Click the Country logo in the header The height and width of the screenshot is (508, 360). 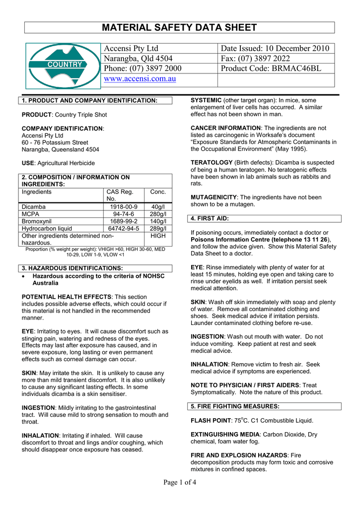point(62,65)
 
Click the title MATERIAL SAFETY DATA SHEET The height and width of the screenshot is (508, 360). point(180,27)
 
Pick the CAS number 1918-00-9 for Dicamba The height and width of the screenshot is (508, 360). point(124,207)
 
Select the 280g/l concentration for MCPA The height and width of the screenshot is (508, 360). point(158,214)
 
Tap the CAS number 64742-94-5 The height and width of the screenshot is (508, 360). point(124,229)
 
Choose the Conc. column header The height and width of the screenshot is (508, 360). point(158,192)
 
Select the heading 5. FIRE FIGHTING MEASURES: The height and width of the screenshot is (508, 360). point(235,406)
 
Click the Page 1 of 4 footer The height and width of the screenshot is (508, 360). point(180,484)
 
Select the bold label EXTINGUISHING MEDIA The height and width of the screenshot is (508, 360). point(225,434)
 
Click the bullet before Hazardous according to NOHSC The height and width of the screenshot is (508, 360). point(25,276)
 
